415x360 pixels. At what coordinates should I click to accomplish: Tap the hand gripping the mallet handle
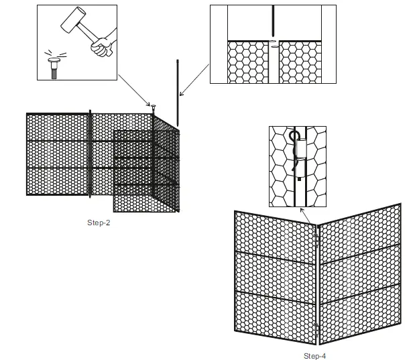(x=101, y=48)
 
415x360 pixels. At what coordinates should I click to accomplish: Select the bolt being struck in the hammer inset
(x=53, y=68)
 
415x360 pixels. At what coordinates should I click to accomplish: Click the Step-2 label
(x=99, y=223)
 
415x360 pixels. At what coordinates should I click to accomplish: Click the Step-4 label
(x=314, y=355)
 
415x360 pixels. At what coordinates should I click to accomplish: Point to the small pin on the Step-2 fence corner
(x=154, y=107)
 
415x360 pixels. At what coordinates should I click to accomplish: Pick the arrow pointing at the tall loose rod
(x=195, y=80)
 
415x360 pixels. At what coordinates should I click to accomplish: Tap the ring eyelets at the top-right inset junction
(x=274, y=45)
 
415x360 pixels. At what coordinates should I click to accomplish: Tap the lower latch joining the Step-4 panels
(x=316, y=328)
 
